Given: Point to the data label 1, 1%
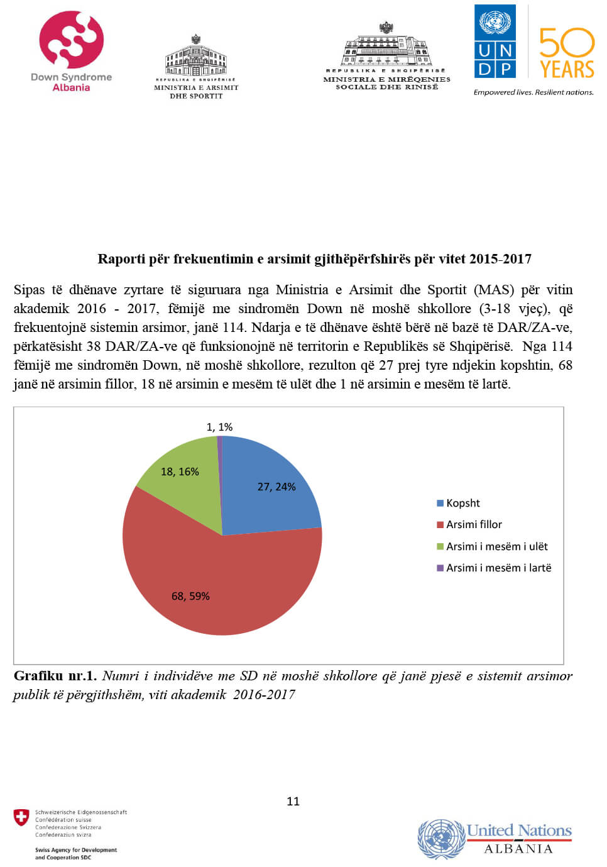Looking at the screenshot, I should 219,427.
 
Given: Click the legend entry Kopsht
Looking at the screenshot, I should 462,503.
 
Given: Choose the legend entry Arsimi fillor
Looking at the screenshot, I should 474,524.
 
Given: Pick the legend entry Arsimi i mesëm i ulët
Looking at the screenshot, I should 496,546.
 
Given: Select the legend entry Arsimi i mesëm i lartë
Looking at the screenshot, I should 498,568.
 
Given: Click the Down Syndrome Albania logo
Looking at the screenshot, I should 71,50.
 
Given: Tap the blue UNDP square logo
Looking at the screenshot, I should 495,41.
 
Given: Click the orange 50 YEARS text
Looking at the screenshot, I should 567,53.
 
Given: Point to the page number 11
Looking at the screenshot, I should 293,801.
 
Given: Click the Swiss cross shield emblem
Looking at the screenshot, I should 21,817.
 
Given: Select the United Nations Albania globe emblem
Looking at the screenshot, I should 440,838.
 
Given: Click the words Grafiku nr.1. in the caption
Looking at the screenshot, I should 55,676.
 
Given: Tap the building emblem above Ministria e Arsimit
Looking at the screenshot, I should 196,57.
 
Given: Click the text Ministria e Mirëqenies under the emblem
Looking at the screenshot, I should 386,79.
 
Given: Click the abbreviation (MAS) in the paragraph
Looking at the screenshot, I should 494,290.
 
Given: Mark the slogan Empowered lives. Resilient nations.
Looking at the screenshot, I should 533,92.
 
